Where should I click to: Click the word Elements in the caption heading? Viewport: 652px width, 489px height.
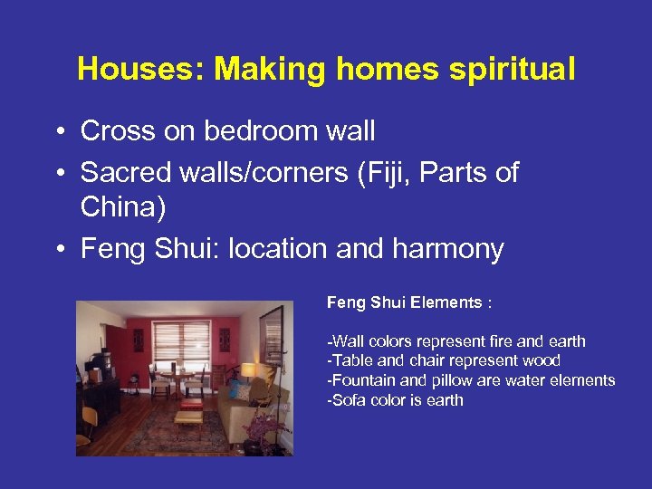click(446, 303)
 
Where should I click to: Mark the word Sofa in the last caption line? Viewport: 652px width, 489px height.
click(345, 400)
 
